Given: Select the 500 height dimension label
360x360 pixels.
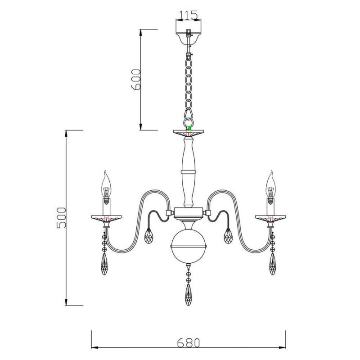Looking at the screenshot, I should (x=61, y=218).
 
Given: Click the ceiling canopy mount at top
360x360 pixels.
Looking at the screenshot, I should (x=189, y=36).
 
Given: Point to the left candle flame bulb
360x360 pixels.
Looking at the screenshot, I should (x=106, y=182).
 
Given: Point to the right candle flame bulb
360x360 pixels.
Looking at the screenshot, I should (x=271, y=182).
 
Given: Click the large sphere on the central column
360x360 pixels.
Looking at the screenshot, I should (x=189, y=246).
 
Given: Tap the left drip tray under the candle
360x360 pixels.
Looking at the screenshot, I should (x=106, y=218).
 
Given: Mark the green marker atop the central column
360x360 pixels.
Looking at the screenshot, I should (x=189, y=128).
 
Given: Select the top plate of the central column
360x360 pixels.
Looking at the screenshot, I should (x=189, y=132).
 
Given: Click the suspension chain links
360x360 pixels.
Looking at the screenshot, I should (x=188, y=81).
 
